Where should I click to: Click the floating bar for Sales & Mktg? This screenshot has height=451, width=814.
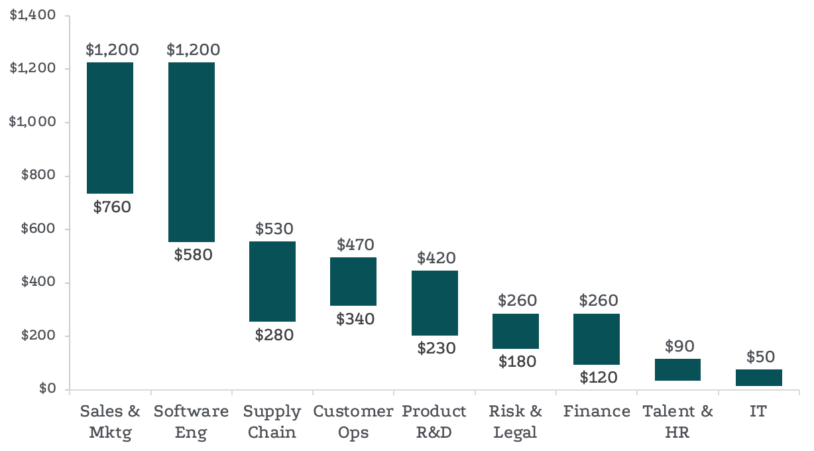pos(110,128)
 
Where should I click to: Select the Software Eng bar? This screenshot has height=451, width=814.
pos(191,152)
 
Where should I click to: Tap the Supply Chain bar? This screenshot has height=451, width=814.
pos(272,281)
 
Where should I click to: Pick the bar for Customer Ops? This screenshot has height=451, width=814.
pos(353,281)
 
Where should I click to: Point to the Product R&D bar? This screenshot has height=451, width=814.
pos(435,303)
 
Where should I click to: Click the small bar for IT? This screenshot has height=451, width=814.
pos(759,377)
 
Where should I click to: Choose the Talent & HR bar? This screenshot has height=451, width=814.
pos(677,369)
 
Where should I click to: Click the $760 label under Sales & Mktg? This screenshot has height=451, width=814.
pos(112,207)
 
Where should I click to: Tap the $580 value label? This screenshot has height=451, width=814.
pos(193,255)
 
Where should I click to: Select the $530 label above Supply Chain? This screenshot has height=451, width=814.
pos(274,229)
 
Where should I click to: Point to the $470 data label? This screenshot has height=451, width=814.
pos(355,244)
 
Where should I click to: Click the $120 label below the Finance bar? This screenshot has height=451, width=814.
pos(599,378)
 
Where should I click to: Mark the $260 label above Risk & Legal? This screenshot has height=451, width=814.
pos(518,301)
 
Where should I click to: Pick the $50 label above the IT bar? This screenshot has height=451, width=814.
pos(760,357)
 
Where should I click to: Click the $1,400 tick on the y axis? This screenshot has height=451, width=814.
pos(32,15)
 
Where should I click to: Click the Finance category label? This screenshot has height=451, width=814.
pos(597,412)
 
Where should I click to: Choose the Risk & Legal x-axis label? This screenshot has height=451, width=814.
pos(516,422)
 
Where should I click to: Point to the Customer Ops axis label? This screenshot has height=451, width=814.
pos(353,422)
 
